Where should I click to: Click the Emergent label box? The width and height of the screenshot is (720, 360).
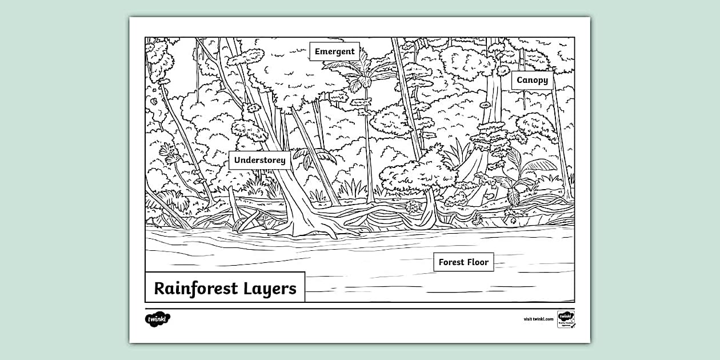coord(335,51)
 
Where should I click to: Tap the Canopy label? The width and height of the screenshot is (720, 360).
coord(532,81)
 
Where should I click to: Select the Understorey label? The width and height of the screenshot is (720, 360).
coord(260,160)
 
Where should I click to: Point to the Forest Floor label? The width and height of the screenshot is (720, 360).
coord(463,262)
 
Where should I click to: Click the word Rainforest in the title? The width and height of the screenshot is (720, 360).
coord(195,288)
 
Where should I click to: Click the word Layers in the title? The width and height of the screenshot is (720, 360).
coord(269,289)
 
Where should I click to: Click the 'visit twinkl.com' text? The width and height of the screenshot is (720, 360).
coord(538,319)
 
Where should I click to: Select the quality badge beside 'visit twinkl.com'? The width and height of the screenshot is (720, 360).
coord(566,319)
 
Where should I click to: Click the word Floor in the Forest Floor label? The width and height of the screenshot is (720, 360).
coord(477,262)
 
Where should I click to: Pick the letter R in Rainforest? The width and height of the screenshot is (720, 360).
coord(160,288)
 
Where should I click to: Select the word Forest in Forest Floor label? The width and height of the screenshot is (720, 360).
coord(451,262)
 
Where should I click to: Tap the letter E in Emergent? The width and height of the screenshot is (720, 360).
coord(318,51)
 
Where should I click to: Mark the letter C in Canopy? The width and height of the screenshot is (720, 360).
coord(520,81)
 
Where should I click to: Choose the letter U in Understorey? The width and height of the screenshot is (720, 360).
coord(238,160)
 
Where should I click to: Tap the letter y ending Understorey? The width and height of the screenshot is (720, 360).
coord(282,162)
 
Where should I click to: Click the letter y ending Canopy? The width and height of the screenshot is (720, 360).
coord(545,82)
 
